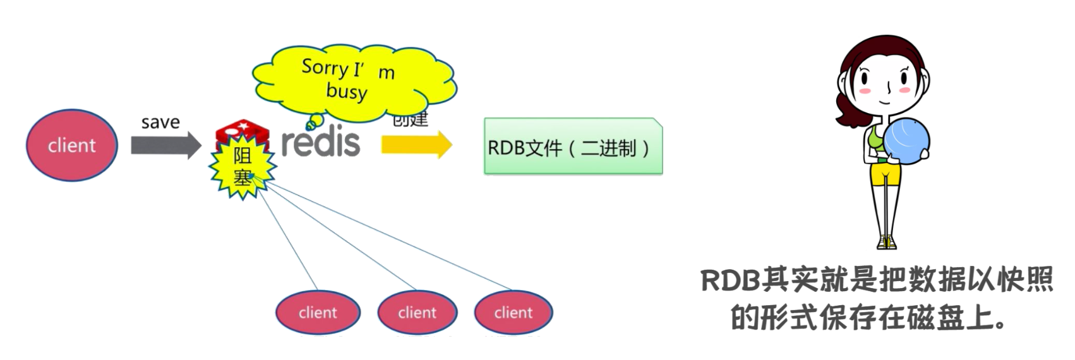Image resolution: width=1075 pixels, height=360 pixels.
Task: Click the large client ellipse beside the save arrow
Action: tap(71, 145)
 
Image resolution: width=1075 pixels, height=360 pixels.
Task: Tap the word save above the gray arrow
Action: tap(160, 122)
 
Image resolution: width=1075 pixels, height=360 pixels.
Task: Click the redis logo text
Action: tap(321, 143)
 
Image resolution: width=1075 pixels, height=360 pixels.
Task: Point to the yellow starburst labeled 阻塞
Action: tap(243, 167)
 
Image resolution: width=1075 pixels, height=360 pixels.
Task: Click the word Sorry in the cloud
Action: tap(325, 66)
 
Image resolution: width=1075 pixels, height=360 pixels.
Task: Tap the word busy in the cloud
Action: tap(347, 91)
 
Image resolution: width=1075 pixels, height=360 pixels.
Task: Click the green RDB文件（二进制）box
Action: tap(573, 147)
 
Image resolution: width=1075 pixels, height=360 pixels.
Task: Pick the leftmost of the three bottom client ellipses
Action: tap(318, 312)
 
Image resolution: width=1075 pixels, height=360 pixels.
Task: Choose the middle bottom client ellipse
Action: tap(417, 312)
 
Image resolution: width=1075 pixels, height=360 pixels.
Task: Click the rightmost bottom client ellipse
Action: tap(513, 312)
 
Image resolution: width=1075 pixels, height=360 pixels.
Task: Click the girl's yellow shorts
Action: tap(886, 176)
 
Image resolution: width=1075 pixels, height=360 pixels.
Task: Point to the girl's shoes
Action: tap(887, 242)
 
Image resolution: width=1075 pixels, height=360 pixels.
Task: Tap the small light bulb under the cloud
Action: tap(314, 120)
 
